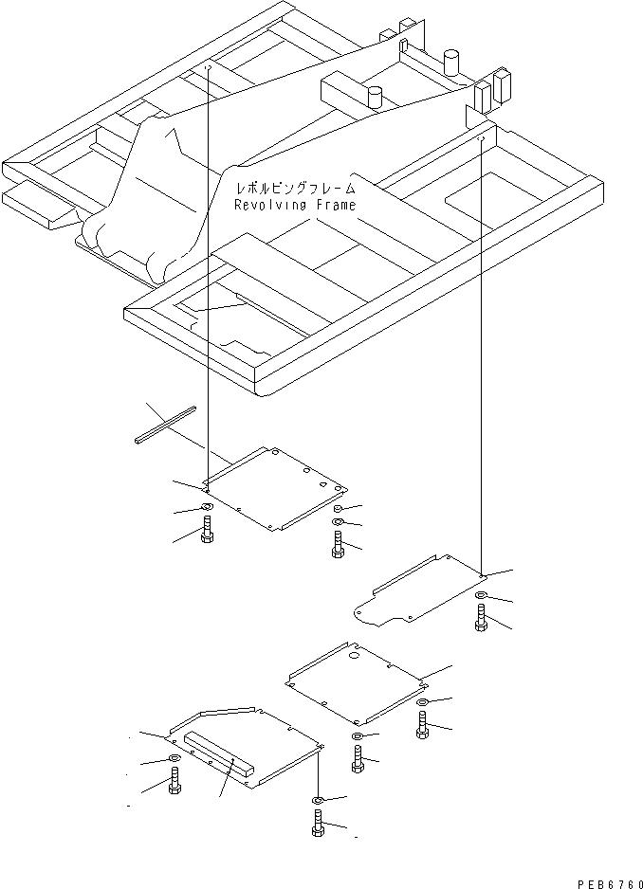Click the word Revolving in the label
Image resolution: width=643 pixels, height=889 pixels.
pos(267,205)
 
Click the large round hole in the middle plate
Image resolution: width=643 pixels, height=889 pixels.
pos(353,655)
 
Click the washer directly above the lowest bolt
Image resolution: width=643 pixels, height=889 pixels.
pos(318,801)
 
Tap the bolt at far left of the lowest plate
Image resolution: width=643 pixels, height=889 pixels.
pos(175,782)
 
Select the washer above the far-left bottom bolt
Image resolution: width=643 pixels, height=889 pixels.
pos(175,760)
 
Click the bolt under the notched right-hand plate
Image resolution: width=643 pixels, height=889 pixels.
pos(480,620)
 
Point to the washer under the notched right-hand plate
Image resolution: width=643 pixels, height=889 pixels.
pos(480,596)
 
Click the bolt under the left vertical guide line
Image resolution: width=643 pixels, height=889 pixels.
pos(207,534)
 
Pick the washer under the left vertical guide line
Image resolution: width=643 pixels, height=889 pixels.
pos(207,511)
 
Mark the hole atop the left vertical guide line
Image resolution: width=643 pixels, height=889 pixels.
pos(207,67)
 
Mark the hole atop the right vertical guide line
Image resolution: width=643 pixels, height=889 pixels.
pos(482,138)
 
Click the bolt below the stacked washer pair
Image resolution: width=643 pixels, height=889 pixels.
pos(338,543)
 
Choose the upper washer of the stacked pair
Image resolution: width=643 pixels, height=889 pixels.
pos(338,509)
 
